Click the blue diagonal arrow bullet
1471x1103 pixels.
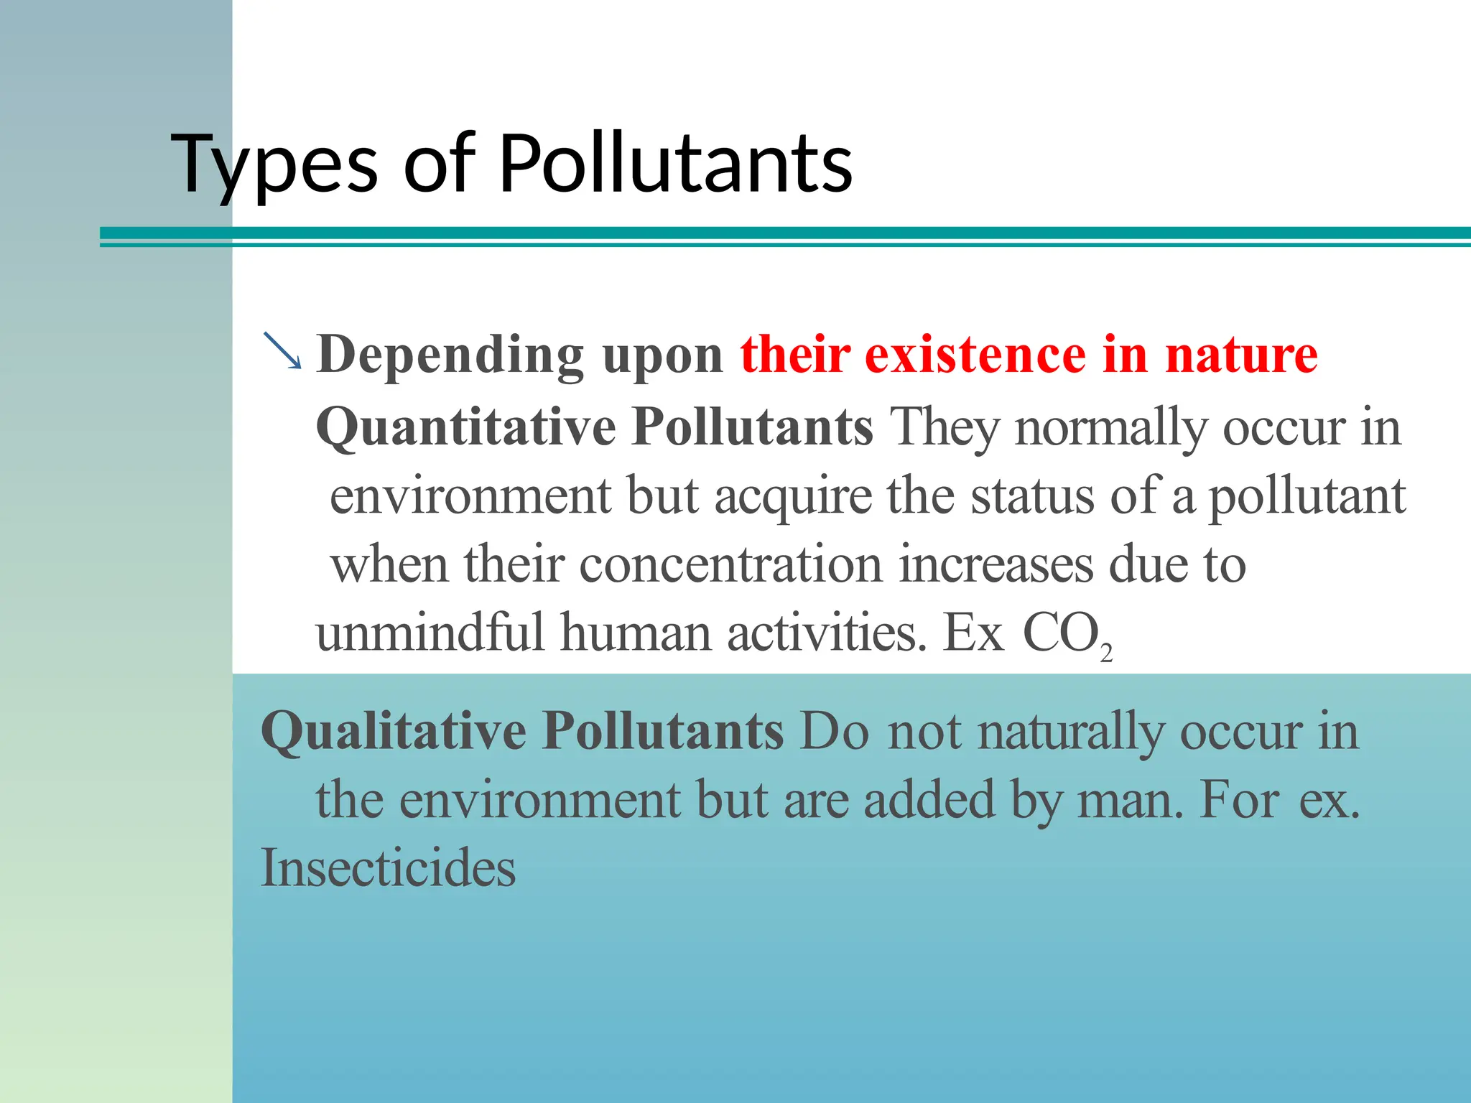click(x=282, y=351)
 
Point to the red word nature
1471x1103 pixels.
click(x=1241, y=356)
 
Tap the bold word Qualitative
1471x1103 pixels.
click(x=394, y=732)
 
